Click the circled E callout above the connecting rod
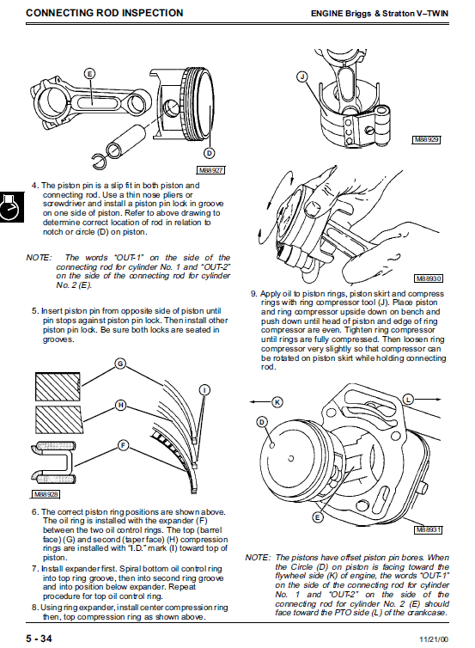pyautogui.click(x=89, y=74)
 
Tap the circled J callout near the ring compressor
pyautogui.click(x=302, y=76)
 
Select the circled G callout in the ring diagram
pyautogui.click(x=119, y=364)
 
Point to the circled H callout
pyautogui.click(x=120, y=405)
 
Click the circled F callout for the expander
pyautogui.click(x=123, y=445)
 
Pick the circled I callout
pyautogui.click(x=205, y=390)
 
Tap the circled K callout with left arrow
pyautogui.click(x=277, y=401)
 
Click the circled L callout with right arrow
pyautogui.click(x=408, y=400)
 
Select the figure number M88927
pyautogui.click(x=210, y=170)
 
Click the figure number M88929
pyautogui.click(x=427, y=140)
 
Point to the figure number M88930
pyautogui.click(x=429, y=278)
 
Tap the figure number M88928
pyautogui.click(x=46, y=494)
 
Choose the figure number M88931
pyautogui.click(x=429, y=529)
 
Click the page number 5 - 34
pyautogui.click(x=40, y=639)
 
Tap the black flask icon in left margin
pyautogui.click(x=11, y=207)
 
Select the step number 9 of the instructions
pyautogui.click(x=253, y=294)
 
